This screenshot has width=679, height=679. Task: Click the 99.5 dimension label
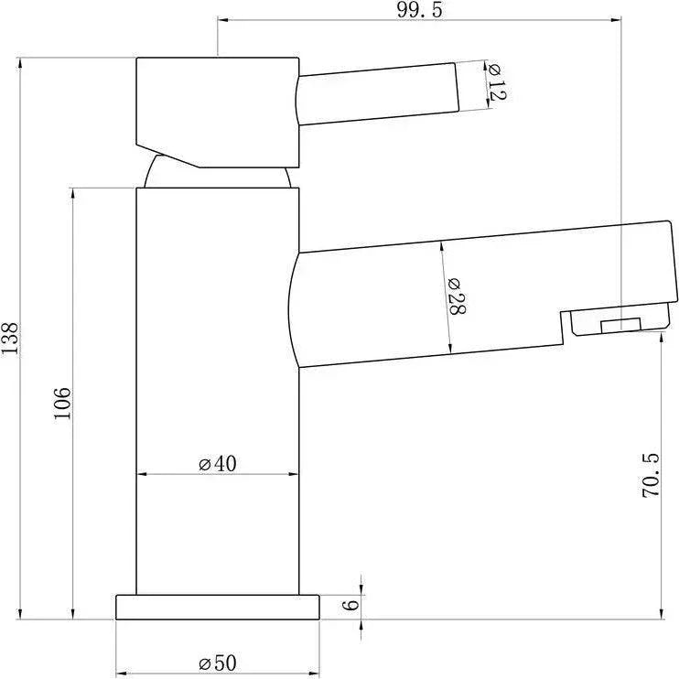pyautogui.click(x=420, y=10)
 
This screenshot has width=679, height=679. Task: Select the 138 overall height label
pyautogui.click(x=9, y=339)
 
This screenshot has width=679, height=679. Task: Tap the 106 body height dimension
pyautogui.click(x=62, y=404)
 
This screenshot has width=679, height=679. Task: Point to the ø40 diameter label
pyautogui.click(x=218, y=464)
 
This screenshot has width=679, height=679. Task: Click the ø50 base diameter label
pyautogui.click(x=218, y=663)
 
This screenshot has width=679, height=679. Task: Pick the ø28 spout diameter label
pyautogui.click(x=457, y=296)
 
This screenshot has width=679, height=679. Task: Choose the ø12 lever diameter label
pyautogui.click(x=495, y=81)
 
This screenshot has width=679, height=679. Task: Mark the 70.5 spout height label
pyautogui.click(x=650, y=475)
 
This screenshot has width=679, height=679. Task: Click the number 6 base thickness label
pyautogui.click(x=350, y=605)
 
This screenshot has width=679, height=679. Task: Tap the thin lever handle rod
pyautogui.click(x=378, y=94)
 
